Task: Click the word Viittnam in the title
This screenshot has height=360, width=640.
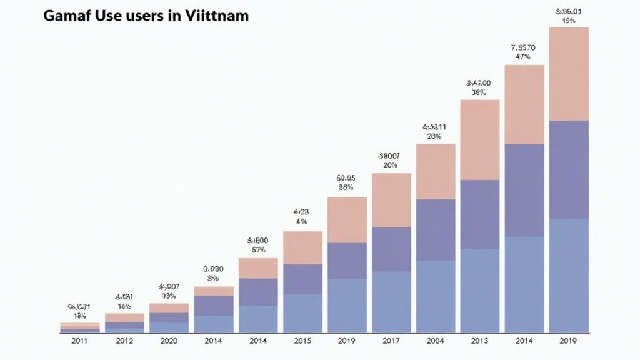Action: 217,16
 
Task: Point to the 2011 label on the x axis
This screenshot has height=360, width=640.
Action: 79,342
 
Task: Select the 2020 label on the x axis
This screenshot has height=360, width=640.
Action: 169,342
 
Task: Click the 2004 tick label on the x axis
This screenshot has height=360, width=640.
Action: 436,342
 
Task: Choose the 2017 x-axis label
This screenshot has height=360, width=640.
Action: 391,342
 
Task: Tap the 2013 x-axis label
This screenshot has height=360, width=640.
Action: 480,342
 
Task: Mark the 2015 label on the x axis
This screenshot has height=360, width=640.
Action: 302,342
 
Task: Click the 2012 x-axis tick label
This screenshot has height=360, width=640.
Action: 124,342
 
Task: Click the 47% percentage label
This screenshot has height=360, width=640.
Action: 524,57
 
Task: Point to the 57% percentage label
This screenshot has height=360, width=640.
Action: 257,250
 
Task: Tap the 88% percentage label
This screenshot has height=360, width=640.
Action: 346,187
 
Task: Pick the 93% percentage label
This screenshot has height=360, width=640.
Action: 169,296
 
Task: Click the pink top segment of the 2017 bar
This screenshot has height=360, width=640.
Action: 391,200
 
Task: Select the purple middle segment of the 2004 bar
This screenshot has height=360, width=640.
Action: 436,230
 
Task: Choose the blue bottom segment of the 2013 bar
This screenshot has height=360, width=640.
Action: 480,291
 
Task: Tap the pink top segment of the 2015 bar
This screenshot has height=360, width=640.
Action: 302,247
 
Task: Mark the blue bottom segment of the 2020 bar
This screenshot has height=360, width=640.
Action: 169,327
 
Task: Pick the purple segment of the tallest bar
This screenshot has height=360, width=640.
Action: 569,169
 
